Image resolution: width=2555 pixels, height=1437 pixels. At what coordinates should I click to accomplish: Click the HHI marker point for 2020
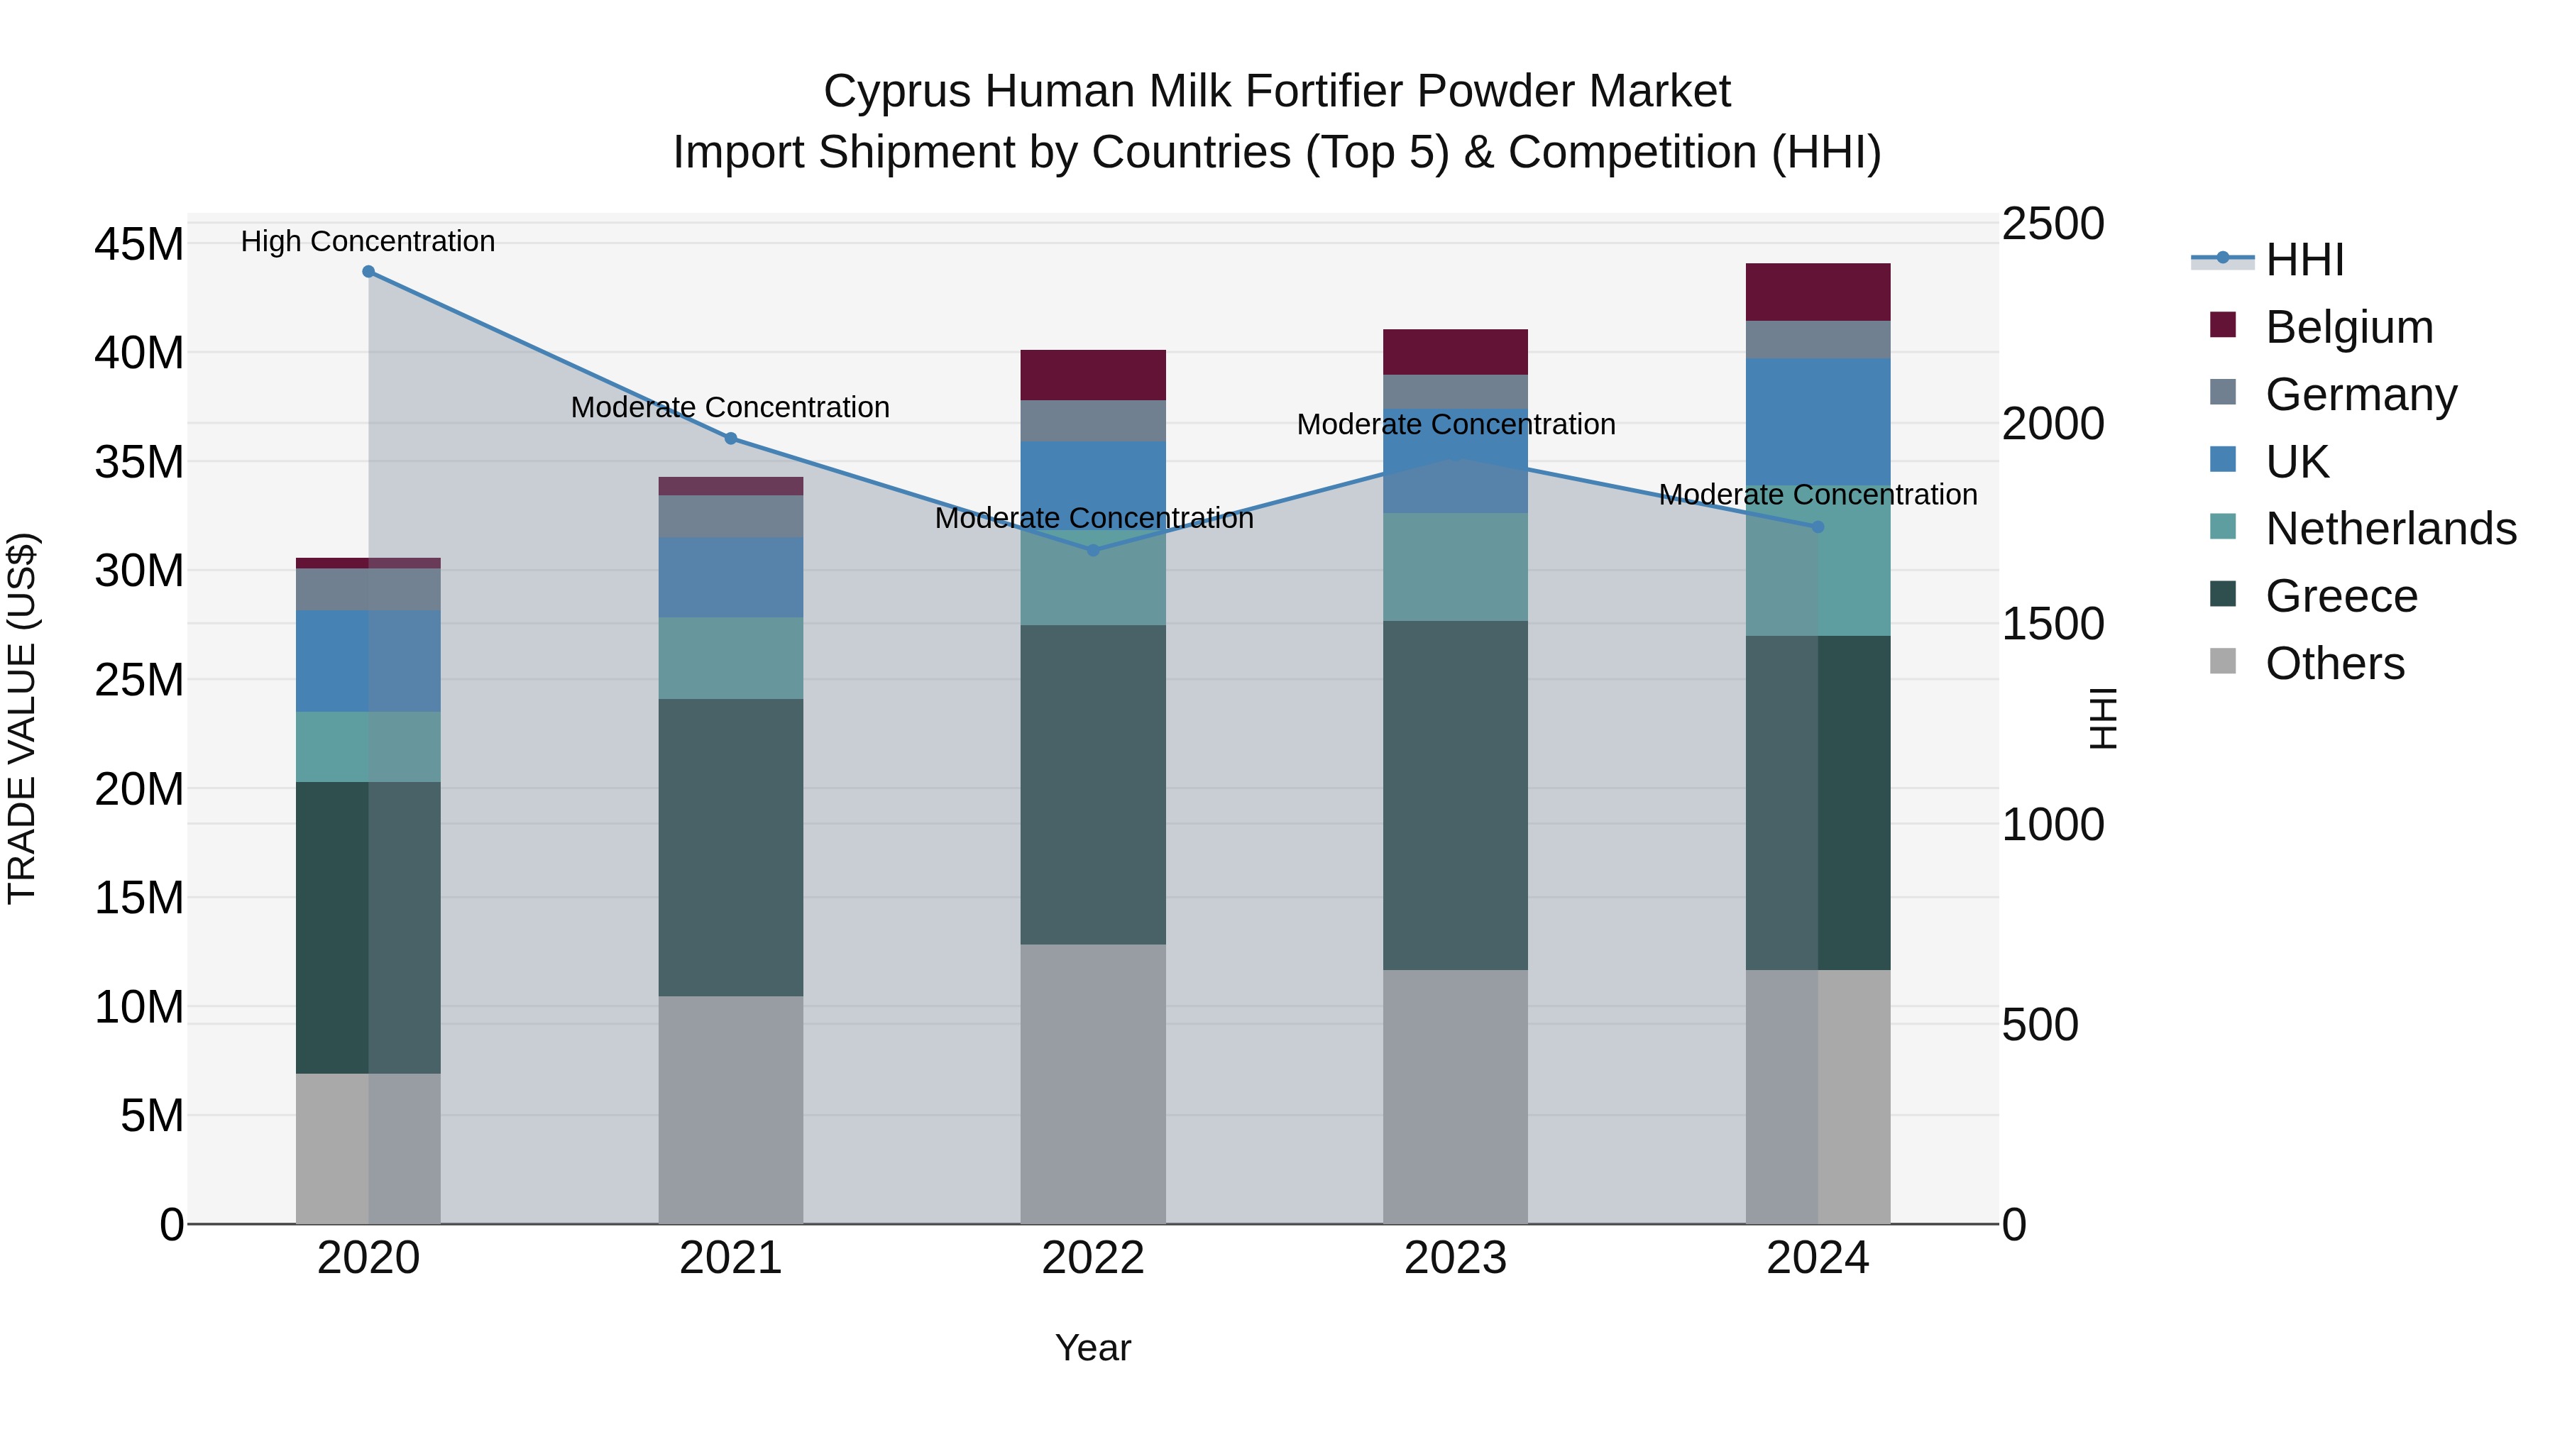tap(368, 272)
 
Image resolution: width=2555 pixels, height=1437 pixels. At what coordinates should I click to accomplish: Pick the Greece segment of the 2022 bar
tap(1093, 784)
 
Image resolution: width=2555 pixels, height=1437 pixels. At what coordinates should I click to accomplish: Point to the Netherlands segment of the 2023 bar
tap(1455, 567)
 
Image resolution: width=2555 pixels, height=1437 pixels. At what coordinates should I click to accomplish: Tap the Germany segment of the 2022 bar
tap(1093, 421)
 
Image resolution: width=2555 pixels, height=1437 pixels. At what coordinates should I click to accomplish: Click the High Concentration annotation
tap(368, 241)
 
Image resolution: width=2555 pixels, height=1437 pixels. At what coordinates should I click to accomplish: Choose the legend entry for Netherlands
tap(2390, 529)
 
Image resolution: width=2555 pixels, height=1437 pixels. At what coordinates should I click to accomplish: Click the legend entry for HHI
tap(2304, 260)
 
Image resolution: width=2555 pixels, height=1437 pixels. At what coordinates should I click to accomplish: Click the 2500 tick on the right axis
tap(2052, 224)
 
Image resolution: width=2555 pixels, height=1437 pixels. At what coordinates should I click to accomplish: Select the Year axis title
tap(1093, 1348)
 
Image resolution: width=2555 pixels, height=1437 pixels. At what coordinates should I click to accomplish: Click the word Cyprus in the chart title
tap(896, 92)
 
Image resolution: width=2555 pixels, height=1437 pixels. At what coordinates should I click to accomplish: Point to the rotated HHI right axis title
tap(2101, 718)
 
